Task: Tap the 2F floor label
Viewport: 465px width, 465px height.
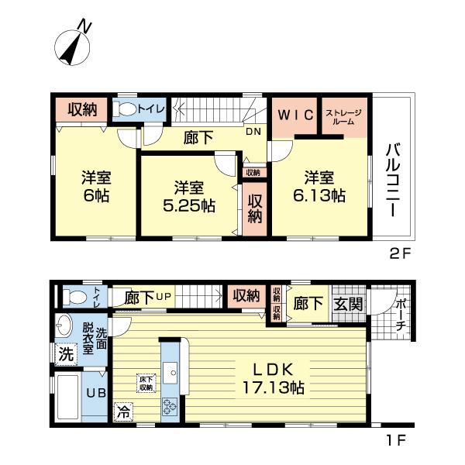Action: coord(400,252)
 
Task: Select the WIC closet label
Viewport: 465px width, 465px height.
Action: coord(295,115)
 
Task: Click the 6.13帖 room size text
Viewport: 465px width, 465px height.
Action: coord(318,197)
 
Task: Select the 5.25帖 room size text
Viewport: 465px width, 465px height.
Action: coord(188,206)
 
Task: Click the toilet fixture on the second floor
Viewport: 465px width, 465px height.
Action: coord(124,110)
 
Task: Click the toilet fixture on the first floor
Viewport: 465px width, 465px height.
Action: coord(74,295)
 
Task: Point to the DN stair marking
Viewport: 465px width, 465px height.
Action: coord(253,132)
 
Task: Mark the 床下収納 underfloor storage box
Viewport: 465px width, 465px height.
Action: coord(145,383)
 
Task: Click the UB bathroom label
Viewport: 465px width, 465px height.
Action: coord(95,393)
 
